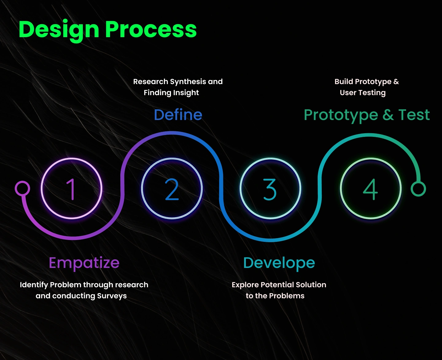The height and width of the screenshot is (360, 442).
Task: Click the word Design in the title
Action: pyautogui.click(x=59, y=30)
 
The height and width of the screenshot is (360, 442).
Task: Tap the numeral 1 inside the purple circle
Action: pyautogui.click(x=71, y=189)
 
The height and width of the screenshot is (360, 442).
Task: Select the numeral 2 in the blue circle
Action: pyautogui.click(x=172, y=189)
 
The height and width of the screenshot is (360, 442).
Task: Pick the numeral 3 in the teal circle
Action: pyautogui.click(x=269, y=189)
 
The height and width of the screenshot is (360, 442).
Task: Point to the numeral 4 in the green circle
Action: pyautogui.click(x=370, y=189)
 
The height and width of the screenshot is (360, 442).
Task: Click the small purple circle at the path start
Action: pyautogui.click(x=22, y=188)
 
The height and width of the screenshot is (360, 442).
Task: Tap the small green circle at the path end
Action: pyautogui.click(x=418, y=189)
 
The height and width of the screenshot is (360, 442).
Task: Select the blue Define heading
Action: pyautogui.click(x=178, y=115)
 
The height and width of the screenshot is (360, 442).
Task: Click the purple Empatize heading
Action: pyautogui.click(x=84, y=263)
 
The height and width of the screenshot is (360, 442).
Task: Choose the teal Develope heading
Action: pyautogui.click(x=279, y=263)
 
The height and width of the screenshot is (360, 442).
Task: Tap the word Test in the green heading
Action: pyautogui.click(x=414, y=115)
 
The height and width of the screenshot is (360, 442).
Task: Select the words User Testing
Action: pyautogui.click(x=363, y=93)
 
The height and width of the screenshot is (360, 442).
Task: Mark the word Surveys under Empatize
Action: pyautogui.click(x=112, y=296)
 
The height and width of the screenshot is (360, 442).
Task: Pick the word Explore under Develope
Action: pyautogui.click(x=245, y=285)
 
